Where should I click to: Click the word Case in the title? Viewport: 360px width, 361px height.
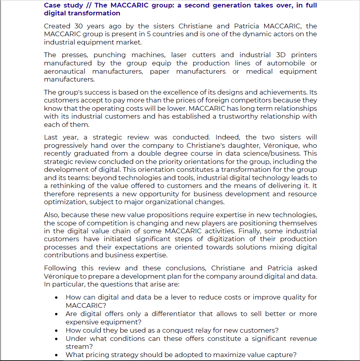click(x=52, y=6)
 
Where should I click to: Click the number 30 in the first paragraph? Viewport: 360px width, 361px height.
click(x=79, y=26)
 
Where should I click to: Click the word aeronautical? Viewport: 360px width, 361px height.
click(x=64, y=71)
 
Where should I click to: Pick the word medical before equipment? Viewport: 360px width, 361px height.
click(x=260, y=71)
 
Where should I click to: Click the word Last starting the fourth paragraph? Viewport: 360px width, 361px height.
click(x=51, y=137)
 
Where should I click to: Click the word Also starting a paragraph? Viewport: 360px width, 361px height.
click(x=51, y=215)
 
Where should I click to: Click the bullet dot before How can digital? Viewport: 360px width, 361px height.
click(x=58, y=298)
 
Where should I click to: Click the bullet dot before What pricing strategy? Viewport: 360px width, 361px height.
click(x=58, y=355)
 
